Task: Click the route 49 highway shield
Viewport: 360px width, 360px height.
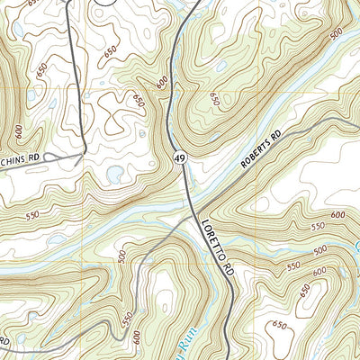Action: point(181,157)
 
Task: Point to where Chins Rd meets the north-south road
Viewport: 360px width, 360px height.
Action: point(83,154)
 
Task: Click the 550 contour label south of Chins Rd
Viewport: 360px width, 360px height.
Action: point(32,216)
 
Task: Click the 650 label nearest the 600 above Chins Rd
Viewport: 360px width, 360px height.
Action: point(41,69)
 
